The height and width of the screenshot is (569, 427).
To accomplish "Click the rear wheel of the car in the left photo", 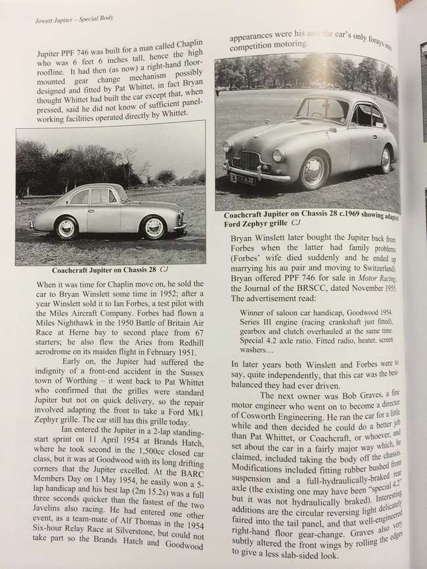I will (66, 228).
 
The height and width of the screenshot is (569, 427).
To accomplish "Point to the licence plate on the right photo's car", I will (243, 178).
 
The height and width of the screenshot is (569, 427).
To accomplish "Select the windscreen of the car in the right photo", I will (322, 109).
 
